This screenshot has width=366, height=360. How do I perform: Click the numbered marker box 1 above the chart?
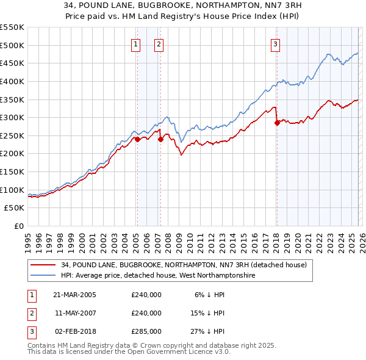(135, 44)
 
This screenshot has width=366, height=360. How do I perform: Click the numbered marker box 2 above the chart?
(158, 44)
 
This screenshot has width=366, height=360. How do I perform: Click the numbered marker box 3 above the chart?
(275, 44)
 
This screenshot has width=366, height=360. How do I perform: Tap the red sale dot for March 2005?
(137, 139)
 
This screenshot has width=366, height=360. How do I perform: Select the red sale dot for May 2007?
(160, 139)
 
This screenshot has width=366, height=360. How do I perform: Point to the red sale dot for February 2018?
(277, 123)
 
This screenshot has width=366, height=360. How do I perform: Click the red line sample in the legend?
(43, 265)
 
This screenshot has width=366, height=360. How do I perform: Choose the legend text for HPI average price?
(158, 276)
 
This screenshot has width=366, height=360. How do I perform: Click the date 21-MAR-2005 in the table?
(76, 295)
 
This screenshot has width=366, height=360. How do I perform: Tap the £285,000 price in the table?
(146, 331)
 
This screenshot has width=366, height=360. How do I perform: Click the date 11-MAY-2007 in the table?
(76, 313)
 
